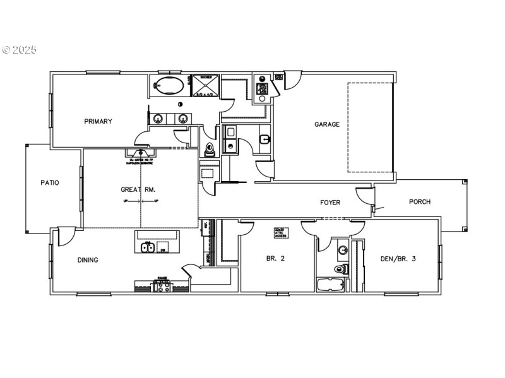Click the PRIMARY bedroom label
[98, 122]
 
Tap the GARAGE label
[327, 124]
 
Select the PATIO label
[50, 183]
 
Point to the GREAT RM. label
[138, 189]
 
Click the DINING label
[88, 259]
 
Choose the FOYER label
[330, 203]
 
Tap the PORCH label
[420, 202]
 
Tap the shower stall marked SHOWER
[206, 86]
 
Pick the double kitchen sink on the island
[148, 247]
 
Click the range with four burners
[163, 287]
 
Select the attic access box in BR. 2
[280, 232]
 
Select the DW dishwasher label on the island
[163, 250]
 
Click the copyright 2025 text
[20, 49]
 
